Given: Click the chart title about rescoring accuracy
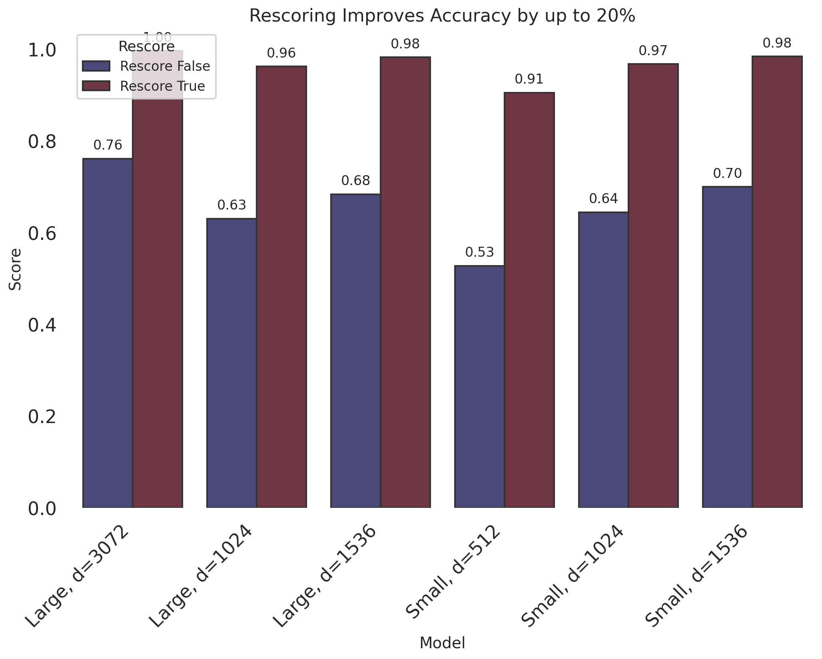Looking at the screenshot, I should (442, 16).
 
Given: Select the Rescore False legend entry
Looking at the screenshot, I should (146, 66).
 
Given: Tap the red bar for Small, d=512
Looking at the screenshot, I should (529, 300).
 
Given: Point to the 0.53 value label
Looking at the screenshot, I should (479, 252).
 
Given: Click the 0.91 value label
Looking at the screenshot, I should (529, 80).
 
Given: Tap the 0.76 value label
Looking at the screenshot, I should (108, 146).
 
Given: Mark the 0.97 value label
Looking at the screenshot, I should (653, 51).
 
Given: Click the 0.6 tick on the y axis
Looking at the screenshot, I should (42, 234).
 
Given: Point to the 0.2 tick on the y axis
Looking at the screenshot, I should (42, 417).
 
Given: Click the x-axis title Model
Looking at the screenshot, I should (442, 643).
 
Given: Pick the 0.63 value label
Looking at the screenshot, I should (231, 206).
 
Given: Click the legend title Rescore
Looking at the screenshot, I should (146, 47).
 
